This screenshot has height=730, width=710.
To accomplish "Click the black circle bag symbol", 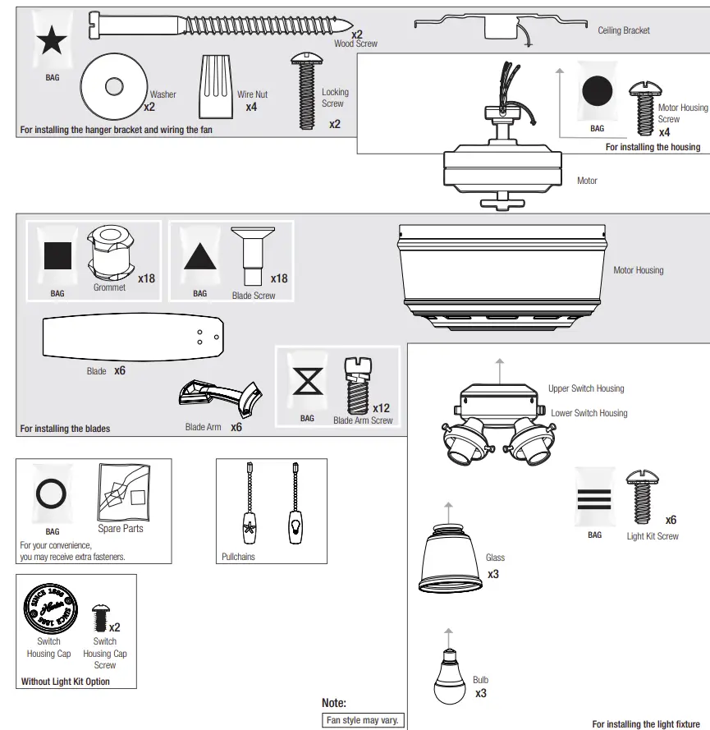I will tap(598, 90).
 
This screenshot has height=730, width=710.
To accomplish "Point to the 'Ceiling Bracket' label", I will tap(623, 30).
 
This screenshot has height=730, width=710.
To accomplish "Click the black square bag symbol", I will tap(57, 256).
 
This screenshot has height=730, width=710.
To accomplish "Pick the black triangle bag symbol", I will tap(199, 256).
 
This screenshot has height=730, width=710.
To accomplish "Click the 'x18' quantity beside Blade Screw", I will tap(279, 278).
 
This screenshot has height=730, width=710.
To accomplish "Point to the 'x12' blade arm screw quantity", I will tap(381, 408).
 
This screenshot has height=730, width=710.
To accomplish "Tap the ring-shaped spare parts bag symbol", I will tap(53, 494).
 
